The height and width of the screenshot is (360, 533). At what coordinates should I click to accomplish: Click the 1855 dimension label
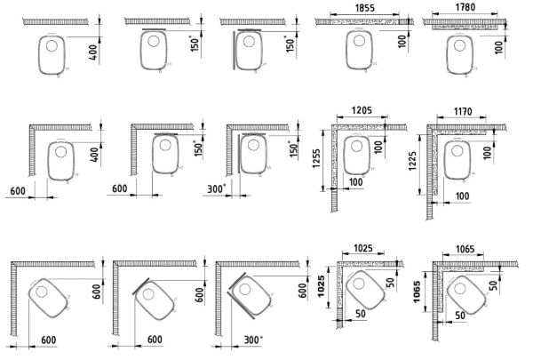(364, 8)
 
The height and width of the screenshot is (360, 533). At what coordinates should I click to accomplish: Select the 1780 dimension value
(465, 7)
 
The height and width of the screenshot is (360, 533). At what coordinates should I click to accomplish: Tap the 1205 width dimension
(362, 110)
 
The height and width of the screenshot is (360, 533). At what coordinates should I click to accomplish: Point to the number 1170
(463, 111)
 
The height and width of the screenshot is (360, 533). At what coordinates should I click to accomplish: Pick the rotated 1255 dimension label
(316, 158)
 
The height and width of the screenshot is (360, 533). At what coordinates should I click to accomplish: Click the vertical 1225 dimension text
(412, 161)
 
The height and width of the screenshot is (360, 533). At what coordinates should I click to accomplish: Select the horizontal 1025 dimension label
(363, 248)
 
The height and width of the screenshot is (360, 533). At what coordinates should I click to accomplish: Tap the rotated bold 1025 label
(322, 286)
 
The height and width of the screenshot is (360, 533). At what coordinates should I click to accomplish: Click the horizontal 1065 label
(465, 249)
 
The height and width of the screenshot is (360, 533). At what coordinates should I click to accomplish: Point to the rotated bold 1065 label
(417, 292)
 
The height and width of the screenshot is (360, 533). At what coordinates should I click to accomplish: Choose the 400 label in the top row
(94, 52)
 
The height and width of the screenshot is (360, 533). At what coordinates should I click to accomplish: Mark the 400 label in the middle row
(96, 154)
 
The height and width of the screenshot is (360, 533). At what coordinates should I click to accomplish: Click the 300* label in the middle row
(216, 189)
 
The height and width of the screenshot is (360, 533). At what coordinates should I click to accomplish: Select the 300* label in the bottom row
(253, 340)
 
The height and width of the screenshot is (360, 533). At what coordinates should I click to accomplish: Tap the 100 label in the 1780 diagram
(498, 47)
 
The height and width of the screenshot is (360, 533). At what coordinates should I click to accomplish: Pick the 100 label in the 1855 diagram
(402, 42)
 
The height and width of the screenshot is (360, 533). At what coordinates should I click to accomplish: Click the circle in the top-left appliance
(52, 45)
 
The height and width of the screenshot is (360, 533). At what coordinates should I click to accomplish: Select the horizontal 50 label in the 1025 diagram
(361, 314)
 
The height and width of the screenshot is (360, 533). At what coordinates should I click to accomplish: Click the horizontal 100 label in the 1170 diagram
(462, 196)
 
